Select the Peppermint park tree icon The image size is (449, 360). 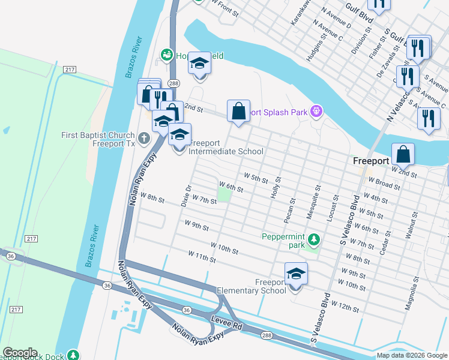point(313,241)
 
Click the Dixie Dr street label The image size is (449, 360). point(186,196)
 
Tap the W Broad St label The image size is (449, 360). point(384,182)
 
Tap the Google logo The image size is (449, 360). point(20,353)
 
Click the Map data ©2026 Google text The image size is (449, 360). point(411,355)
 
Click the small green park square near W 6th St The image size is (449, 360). point(224,194)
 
